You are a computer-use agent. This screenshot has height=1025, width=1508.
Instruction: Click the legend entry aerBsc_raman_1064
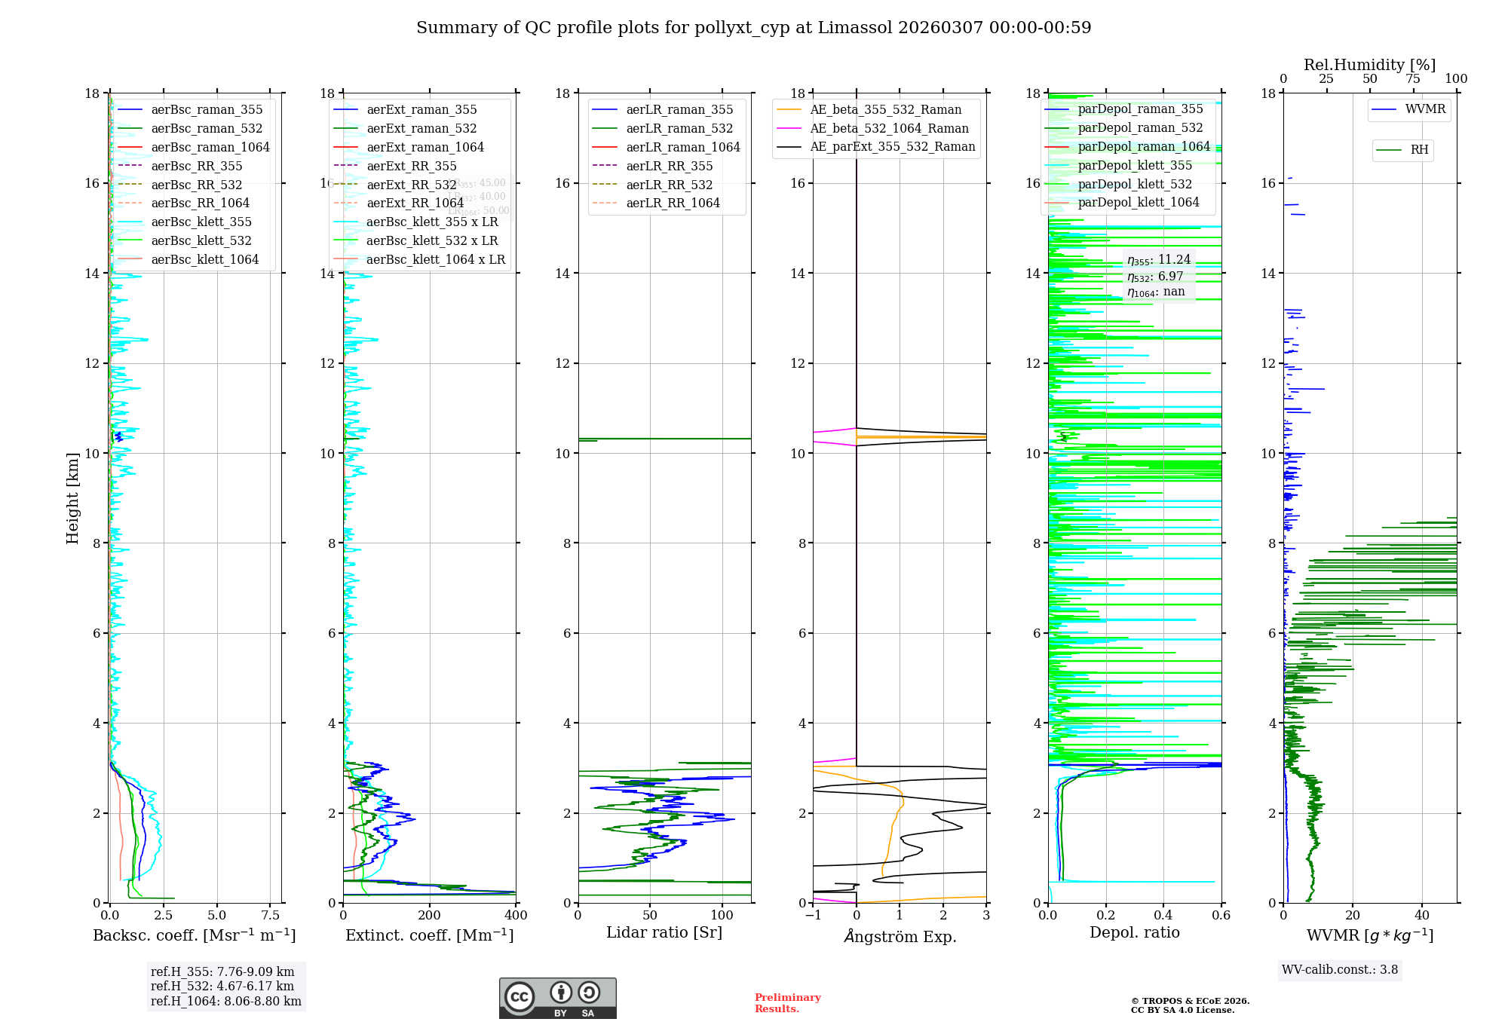point(210,147)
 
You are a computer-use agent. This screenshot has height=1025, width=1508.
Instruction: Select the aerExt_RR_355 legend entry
point(411,166)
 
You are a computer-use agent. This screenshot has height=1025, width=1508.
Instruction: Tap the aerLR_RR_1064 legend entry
point(673,203)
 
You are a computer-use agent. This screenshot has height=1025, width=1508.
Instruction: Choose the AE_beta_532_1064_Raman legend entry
point(889,128)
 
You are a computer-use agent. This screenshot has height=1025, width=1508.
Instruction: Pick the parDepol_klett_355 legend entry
point(1135,165)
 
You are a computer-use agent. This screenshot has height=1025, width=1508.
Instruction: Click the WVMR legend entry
point(1425,109)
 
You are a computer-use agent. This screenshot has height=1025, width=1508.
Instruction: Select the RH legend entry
point(1419,150)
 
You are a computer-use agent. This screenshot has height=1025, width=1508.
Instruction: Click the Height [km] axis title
point(72,497)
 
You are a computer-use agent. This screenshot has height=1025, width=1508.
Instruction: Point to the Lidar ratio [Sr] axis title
point(664,932)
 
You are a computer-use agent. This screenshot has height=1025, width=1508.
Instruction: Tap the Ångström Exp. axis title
point(900,936)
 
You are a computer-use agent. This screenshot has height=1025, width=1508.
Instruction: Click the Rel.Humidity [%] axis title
point(1369,65)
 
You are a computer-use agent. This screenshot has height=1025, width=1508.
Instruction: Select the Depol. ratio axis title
point(1134,932)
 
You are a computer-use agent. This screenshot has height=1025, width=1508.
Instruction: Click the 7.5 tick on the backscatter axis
point(271,915)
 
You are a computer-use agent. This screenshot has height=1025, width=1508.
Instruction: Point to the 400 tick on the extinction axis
point(516,915)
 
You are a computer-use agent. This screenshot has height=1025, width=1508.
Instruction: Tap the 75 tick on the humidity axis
point(1413,78)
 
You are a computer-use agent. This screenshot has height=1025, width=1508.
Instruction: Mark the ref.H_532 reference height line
point(222,986)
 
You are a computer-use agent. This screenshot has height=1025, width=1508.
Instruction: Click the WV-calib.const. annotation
point(1339,969)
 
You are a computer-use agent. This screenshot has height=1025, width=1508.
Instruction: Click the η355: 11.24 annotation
point(1158,260)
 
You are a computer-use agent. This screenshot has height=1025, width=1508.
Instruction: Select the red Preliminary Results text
point(787,1002)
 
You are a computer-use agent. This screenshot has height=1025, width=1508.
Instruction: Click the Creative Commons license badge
point(557,998)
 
